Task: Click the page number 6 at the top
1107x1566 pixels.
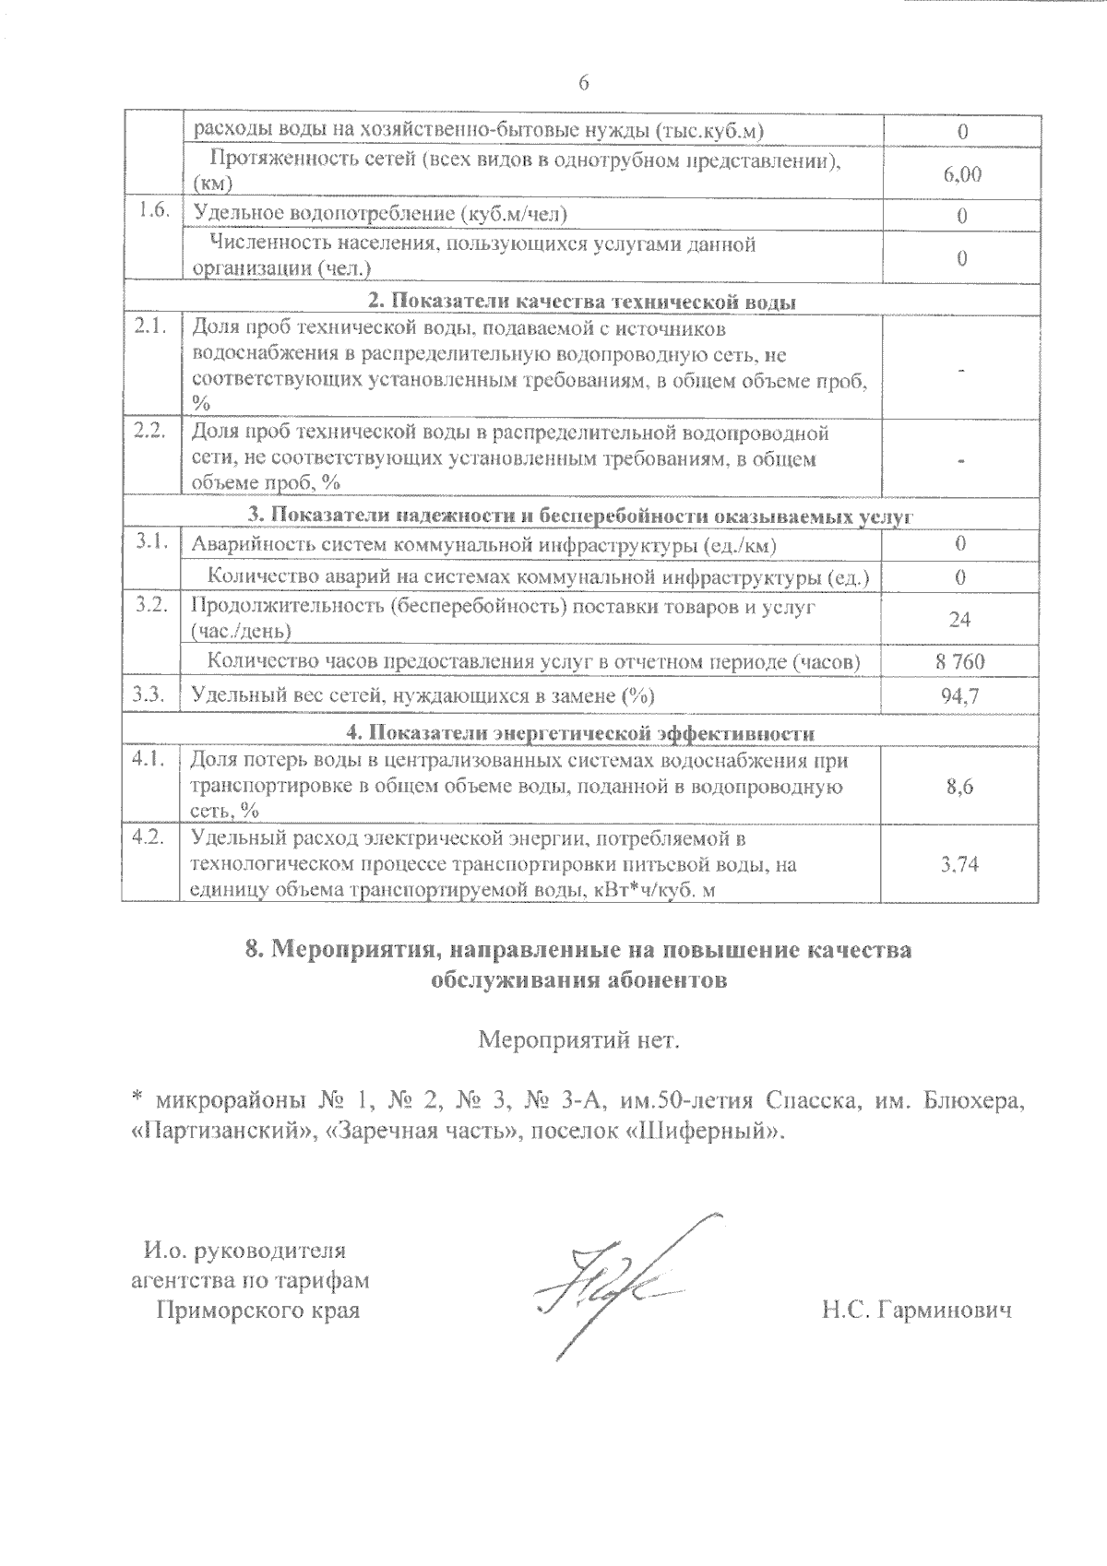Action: click(x=583, y=83)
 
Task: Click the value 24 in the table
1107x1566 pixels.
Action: click(x=960, y=619)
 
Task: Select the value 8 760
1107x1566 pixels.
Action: click(x=960, y=661)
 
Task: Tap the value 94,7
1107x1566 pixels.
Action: click(x=960, y=696)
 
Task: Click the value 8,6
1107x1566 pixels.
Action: click(x=960, y=786)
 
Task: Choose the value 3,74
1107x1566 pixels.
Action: click(x=960, y=864)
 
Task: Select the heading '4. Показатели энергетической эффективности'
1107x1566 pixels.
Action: click(x=581, y=733)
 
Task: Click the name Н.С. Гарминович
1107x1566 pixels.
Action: click(x=916, y=1310)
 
